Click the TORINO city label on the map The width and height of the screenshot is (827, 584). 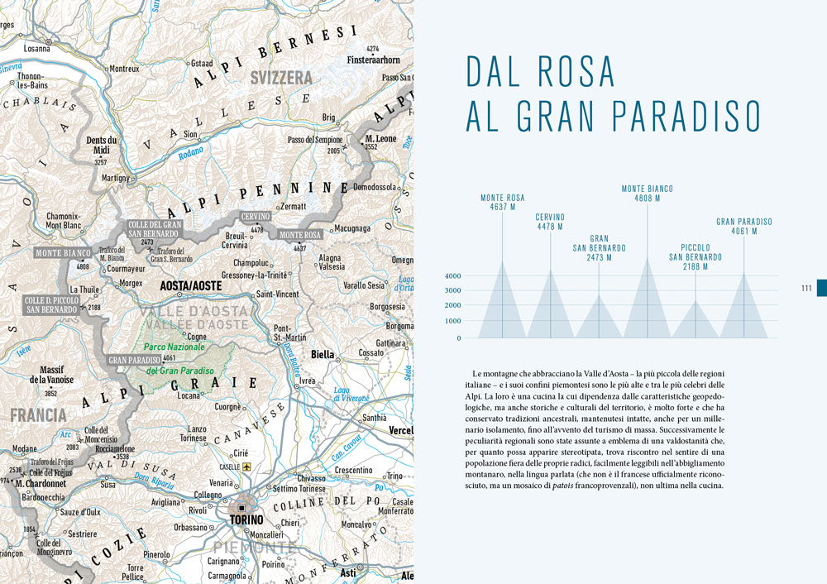point(246,520)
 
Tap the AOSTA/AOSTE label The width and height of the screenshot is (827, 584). point(191,285)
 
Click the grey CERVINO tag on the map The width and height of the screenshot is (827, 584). point(256,217)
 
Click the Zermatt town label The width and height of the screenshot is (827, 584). point(293,206)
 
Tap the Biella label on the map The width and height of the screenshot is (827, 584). point(323,354)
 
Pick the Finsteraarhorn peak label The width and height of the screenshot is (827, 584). point(373,60)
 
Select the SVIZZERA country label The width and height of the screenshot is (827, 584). point(282,78)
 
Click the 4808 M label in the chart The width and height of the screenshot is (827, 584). point(647,199)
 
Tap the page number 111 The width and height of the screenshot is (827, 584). point(806,288)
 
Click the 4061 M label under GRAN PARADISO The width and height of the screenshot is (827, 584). point(743,232)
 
